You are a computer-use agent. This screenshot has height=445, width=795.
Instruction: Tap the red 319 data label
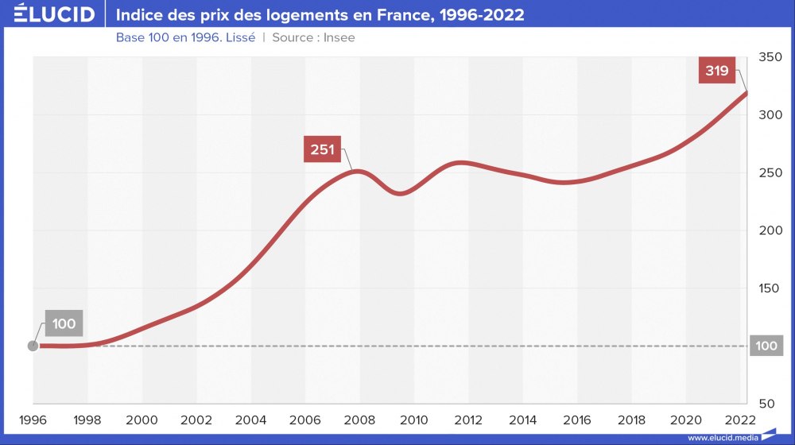[717, 71]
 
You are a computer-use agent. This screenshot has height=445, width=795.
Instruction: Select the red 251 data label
[321, 149]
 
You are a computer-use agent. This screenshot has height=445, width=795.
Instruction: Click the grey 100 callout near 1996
[64, 323]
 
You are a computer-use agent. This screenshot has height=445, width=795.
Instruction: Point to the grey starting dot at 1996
[33, 346]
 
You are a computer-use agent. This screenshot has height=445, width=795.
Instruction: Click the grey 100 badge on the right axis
[766, 346]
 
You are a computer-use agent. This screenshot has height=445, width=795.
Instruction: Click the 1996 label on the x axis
[33, 420]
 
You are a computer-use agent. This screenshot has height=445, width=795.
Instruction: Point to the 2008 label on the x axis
[359, 420]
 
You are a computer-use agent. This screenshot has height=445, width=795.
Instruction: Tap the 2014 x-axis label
[523, 420]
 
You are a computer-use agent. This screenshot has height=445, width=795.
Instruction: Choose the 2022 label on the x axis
[740, 420]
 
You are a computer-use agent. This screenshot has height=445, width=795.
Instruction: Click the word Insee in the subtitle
[339, 37]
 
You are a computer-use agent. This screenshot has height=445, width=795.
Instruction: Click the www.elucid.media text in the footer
[721, 437]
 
